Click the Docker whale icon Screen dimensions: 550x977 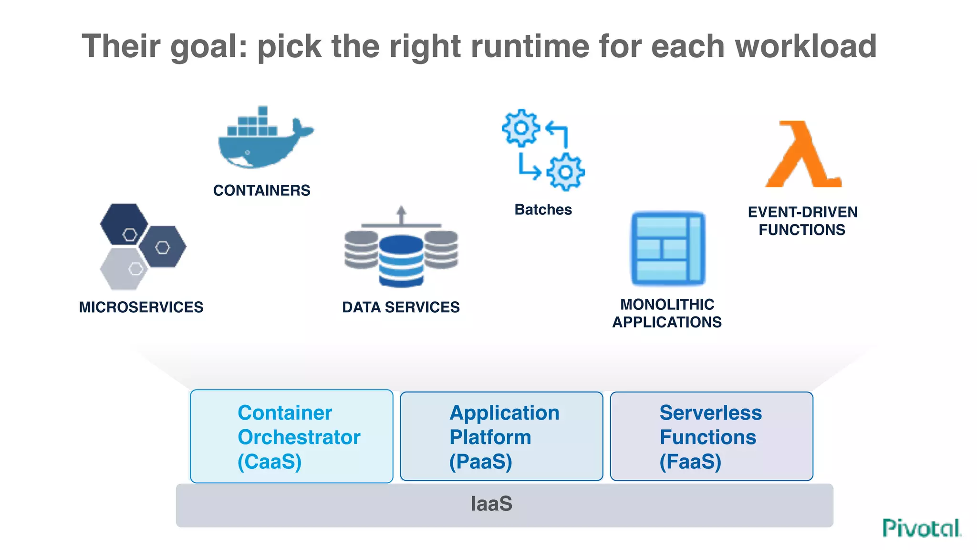(x=261, y=141)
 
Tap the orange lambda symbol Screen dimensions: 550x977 (x=803, y=155)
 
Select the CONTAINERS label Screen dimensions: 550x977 (x=261, y=190)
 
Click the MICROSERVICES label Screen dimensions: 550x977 (x=141, y=307)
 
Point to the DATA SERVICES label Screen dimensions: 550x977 (x=401, y=307)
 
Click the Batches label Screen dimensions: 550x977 (x=543, y=210)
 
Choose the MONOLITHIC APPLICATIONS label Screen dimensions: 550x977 (x=667, y=313)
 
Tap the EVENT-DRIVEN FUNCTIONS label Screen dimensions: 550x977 (x=802, y=221)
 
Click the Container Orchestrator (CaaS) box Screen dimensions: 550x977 (x=291, y=436)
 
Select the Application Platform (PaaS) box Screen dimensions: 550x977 (x=501, y=436)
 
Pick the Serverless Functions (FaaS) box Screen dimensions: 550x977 (x=711, y=436)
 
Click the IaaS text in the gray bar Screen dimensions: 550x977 (x=491, y=504)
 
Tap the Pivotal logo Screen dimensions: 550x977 (x=922, y=528)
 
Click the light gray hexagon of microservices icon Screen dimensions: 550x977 (x=123, y=269)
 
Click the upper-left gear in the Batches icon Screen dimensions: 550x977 (x=521, y=127)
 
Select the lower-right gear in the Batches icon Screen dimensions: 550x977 (x=565, y=172)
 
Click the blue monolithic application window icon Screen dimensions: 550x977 (x=668, y=249)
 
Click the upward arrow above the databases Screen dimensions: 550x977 (x=401, y=215)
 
